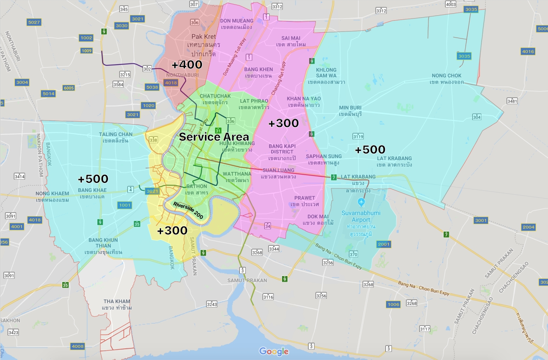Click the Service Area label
pos(214,137)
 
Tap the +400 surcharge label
pos(187,65)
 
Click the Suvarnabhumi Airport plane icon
pos(361,202)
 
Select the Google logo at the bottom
pos(274,351)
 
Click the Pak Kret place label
pos(203,36)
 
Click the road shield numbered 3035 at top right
pos(471,9)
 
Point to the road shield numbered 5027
pos(34,22)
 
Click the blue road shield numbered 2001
pos(384,244)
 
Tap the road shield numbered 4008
pos(77,346)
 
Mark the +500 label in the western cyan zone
pos(93,179)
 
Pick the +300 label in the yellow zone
pos(172,230)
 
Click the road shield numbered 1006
pos(393,304)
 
